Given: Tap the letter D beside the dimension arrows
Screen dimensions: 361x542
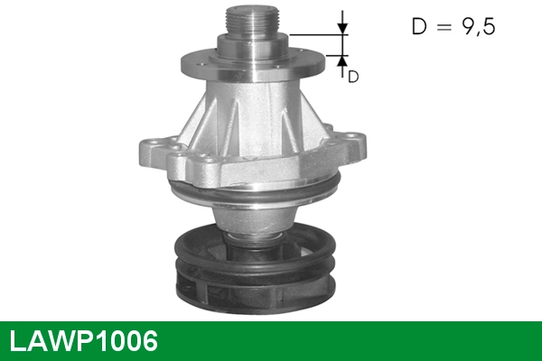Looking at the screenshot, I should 354,77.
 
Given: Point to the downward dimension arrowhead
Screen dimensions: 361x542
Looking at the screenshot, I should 342,29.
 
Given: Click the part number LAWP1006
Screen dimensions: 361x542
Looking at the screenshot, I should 84,341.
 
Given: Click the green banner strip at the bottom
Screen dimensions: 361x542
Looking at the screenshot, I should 361,340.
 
